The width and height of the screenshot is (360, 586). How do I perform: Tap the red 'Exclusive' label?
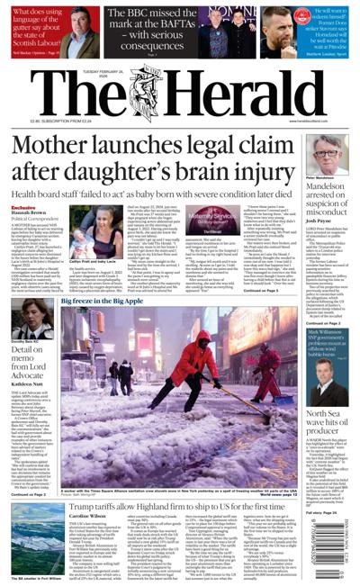tap(23, 208)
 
